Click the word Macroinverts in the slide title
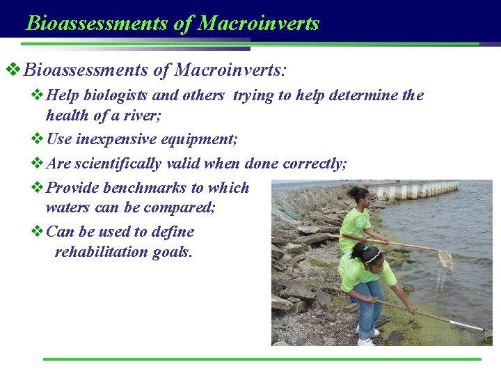(x=258, y=23)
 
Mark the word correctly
(x=315, y=164)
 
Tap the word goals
(x=170, y=251)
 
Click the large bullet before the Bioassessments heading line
(x=13, y=70)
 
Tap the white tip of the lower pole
(x=468, y=326)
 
